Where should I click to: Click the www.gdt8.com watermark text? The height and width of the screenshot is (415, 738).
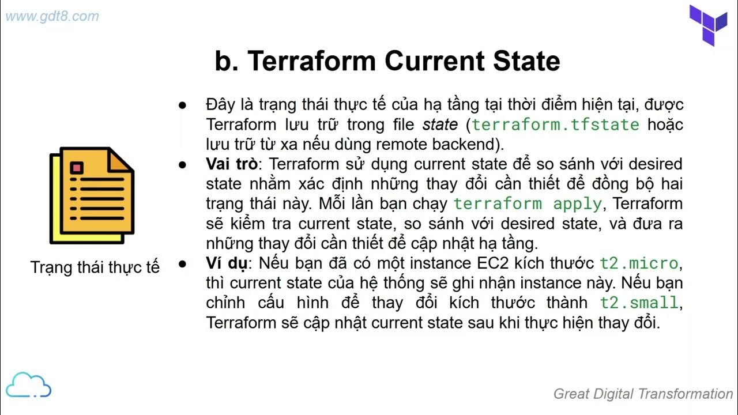[52, 16]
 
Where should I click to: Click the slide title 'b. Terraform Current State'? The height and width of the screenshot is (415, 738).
[387, 61]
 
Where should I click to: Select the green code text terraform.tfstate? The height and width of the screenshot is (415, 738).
[556, 124]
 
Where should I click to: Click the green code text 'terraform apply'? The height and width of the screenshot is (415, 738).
[528, 203]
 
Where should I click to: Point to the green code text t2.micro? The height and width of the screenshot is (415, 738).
[639, 263]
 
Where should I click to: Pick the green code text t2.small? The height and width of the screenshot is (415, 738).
[639, 303]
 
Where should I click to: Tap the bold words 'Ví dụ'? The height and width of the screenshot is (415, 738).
[227, 263]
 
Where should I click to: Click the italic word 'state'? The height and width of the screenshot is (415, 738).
[440, 124]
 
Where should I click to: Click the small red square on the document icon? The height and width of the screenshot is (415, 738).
[77, 168]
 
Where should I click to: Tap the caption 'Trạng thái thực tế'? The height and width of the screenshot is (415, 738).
[95, 267]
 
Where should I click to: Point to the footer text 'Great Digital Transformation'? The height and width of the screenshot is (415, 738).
[643, 394]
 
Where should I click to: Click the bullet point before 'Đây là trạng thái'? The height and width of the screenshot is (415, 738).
[183, 105]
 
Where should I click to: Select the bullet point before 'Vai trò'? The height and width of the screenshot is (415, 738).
[183, 164]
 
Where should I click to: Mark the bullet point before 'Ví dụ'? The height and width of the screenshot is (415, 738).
[183, 264]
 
